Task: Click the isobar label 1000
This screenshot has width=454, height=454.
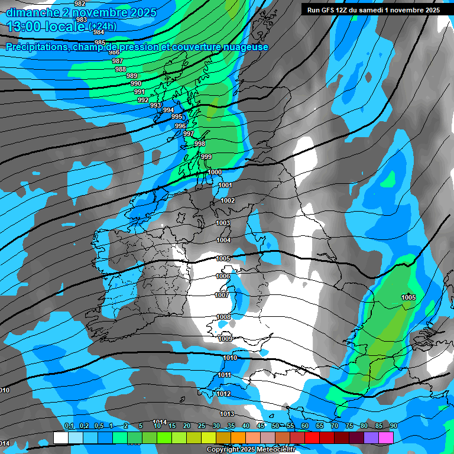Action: click(x=215, y=172)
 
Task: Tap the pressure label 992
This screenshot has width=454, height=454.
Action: click(x=143, y=100)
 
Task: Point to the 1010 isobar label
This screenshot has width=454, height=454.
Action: click(x=230, y=358)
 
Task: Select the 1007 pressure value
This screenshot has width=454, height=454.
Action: click(x=222, y=295)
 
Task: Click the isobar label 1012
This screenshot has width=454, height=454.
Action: click(x=223, y=394)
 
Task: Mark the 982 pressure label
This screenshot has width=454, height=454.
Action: click(x=80, y=4)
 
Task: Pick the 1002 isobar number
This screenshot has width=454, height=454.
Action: click(x=228, y=200)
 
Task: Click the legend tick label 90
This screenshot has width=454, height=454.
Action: click(x=393, y=426)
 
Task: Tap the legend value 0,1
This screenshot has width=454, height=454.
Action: click(x=69, y=426)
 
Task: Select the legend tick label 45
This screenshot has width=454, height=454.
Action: click(x=261, y=426)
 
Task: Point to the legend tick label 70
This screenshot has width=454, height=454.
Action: click(x=334, y=426)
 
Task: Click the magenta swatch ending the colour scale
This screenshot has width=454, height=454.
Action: click(x=386, y=437)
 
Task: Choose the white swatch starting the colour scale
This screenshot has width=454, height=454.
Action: click(x=60, y=437)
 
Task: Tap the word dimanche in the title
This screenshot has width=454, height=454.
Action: click(x=29, y=12)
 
